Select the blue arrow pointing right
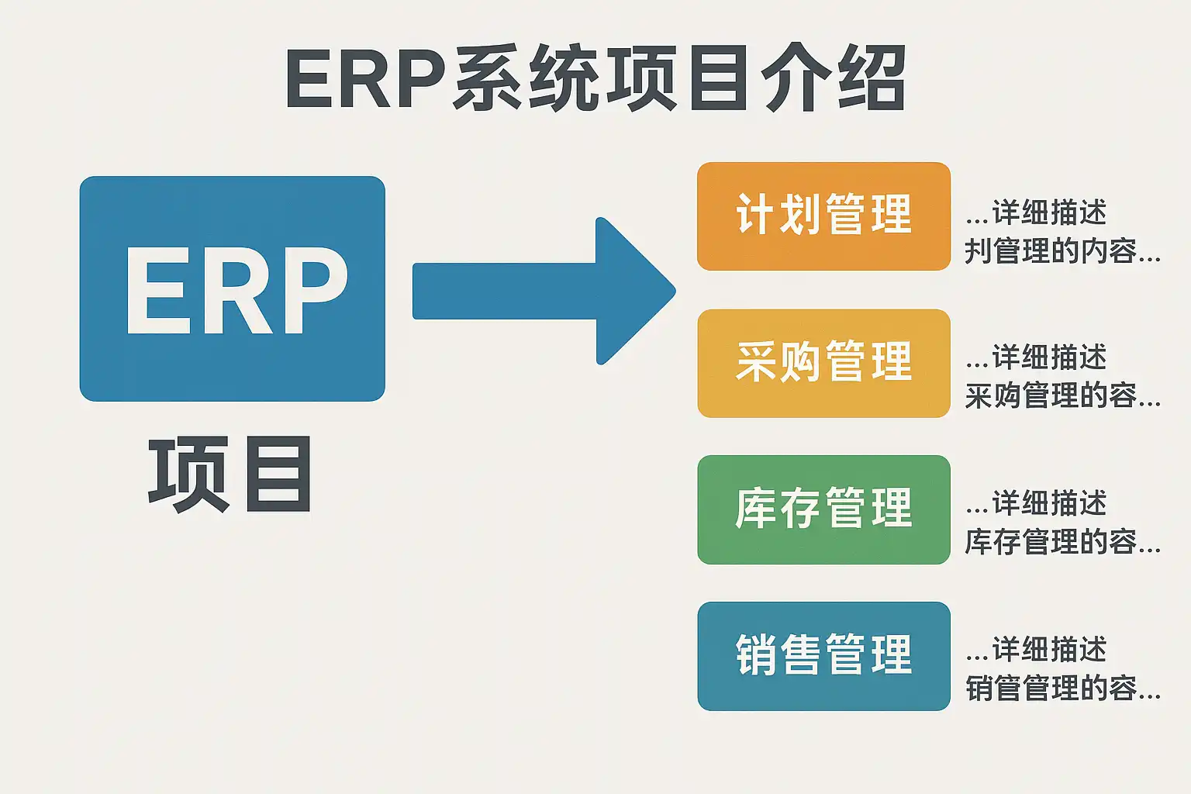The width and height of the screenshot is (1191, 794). (543, 291)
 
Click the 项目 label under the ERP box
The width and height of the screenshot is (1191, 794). (230, 474)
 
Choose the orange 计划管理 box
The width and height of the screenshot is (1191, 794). (823, 216)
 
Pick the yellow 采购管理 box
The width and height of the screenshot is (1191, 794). (823, 363)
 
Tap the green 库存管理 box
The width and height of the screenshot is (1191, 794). (823, 509)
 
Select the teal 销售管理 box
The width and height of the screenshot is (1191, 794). (823, 656)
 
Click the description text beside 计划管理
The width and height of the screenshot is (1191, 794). (1062, 231)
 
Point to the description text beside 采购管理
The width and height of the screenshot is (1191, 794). (1062, 377)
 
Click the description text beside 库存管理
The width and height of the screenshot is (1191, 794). (1062, 523)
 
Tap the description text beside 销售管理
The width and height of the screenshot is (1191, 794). (1062, 668)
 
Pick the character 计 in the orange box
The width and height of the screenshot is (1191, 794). (755, 215)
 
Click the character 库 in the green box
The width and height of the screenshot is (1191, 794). (755, 509)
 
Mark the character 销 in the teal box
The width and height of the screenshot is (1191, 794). (755, 655)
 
